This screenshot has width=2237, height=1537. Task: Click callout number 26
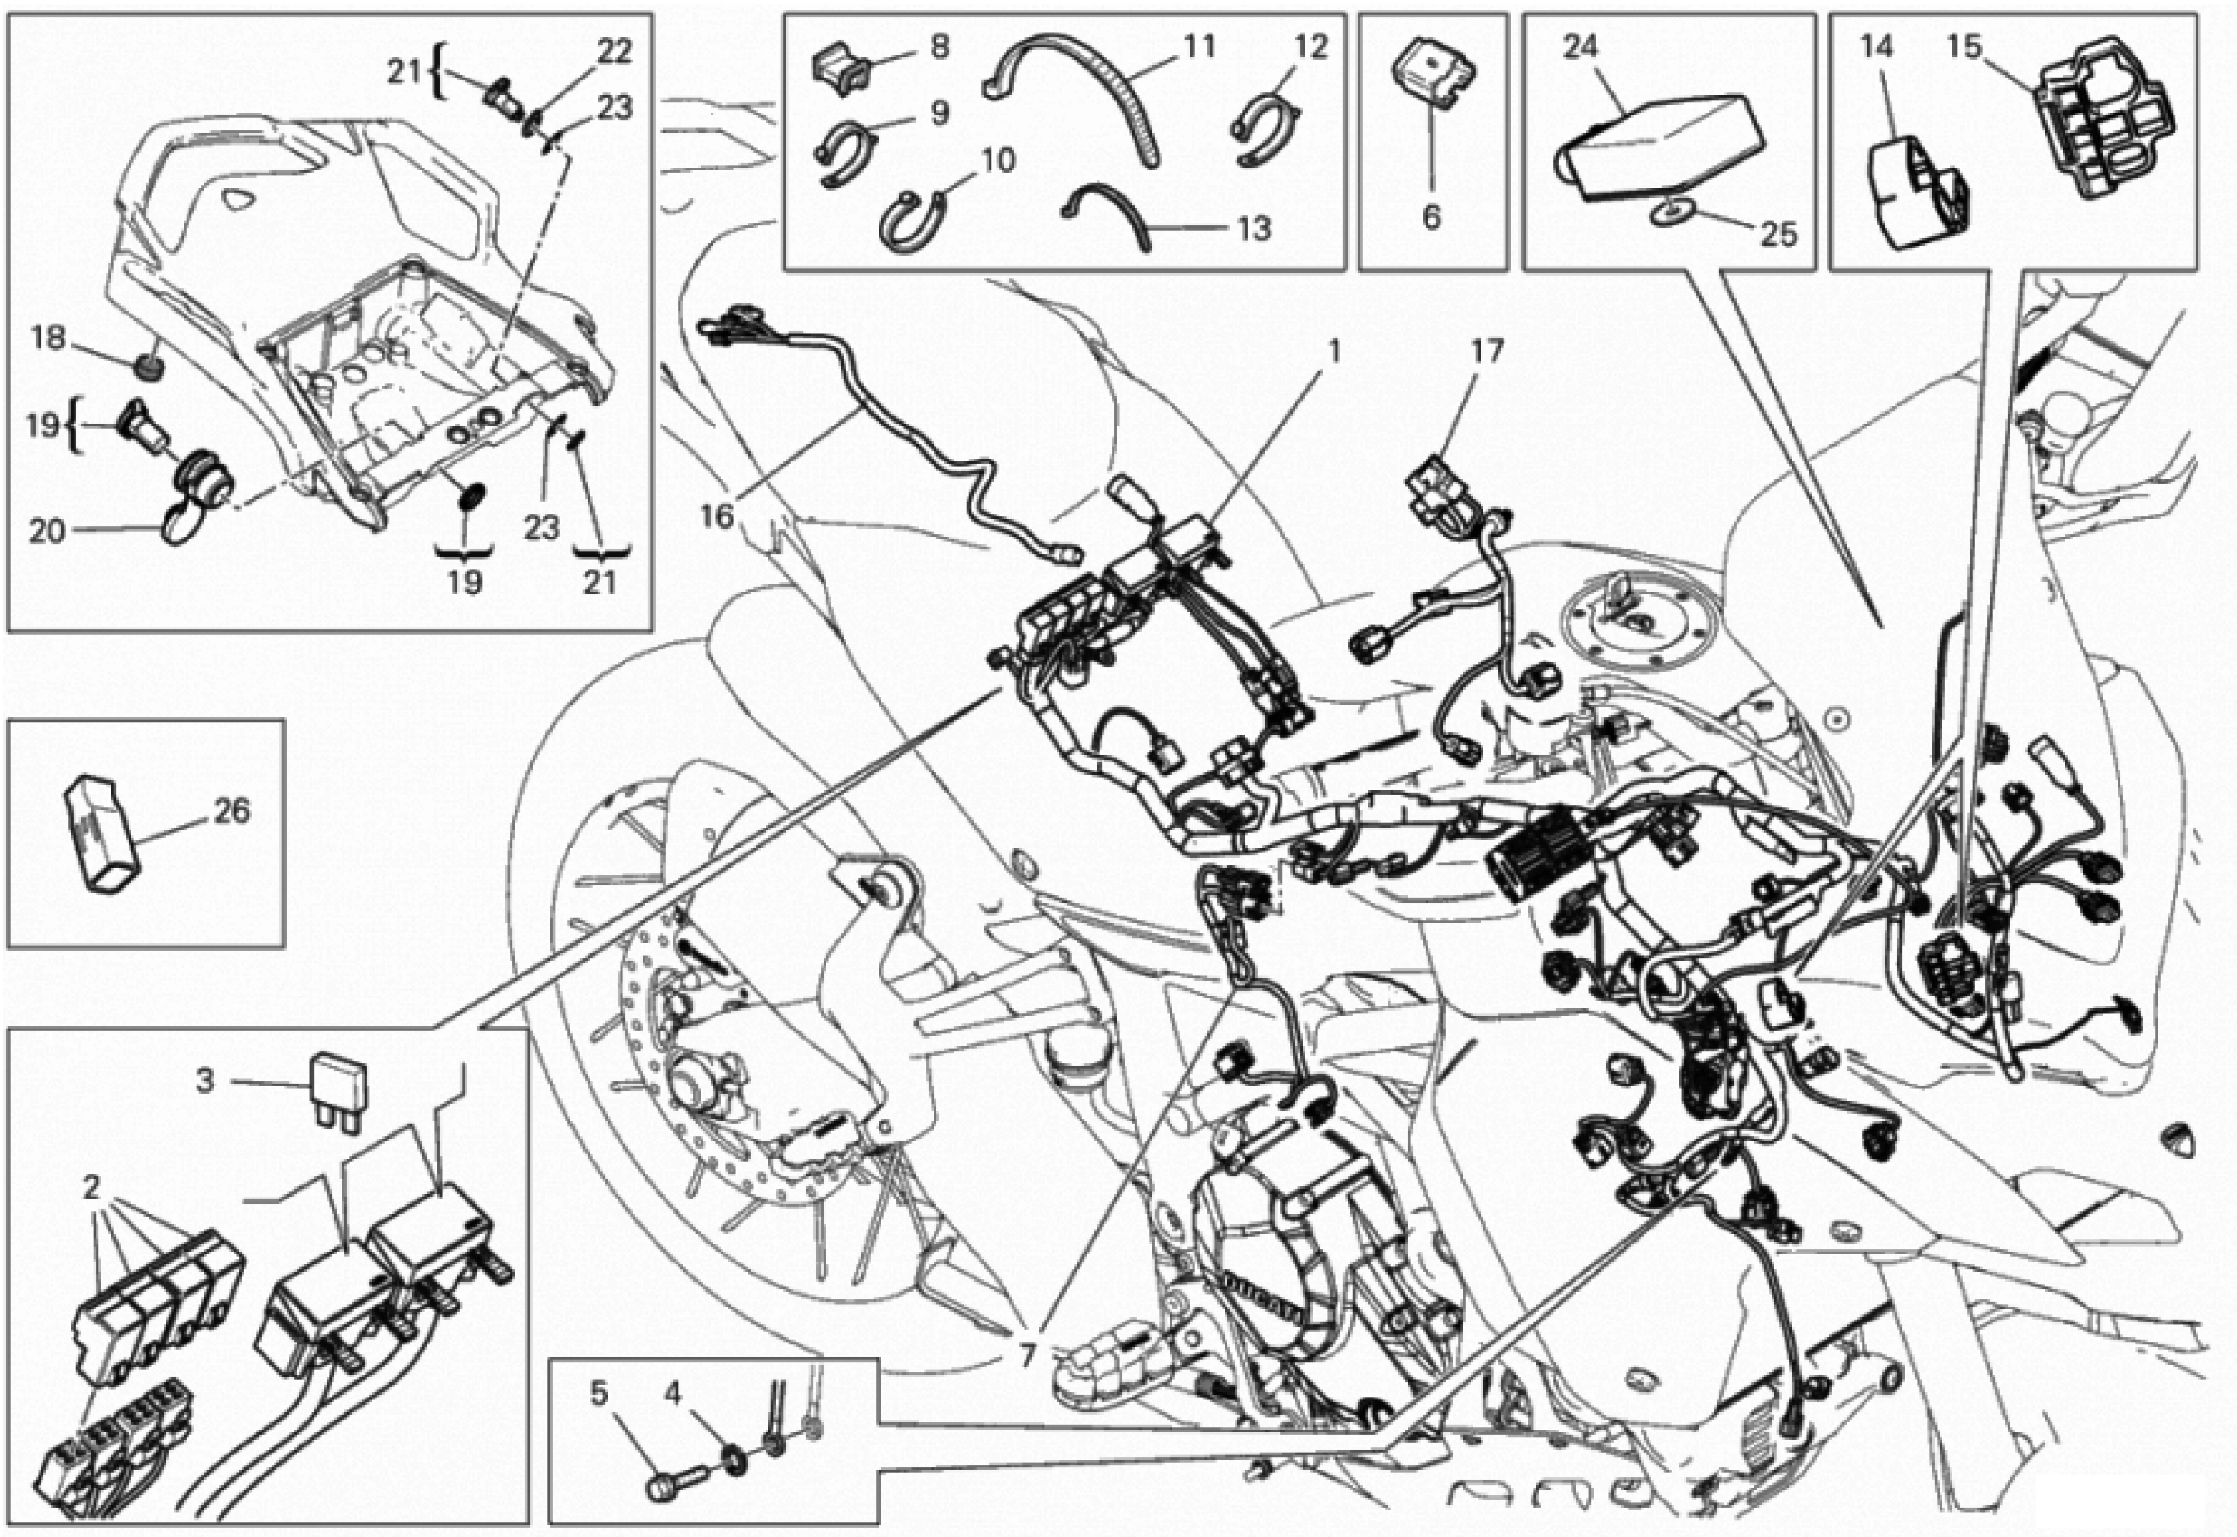click(231, 811)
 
